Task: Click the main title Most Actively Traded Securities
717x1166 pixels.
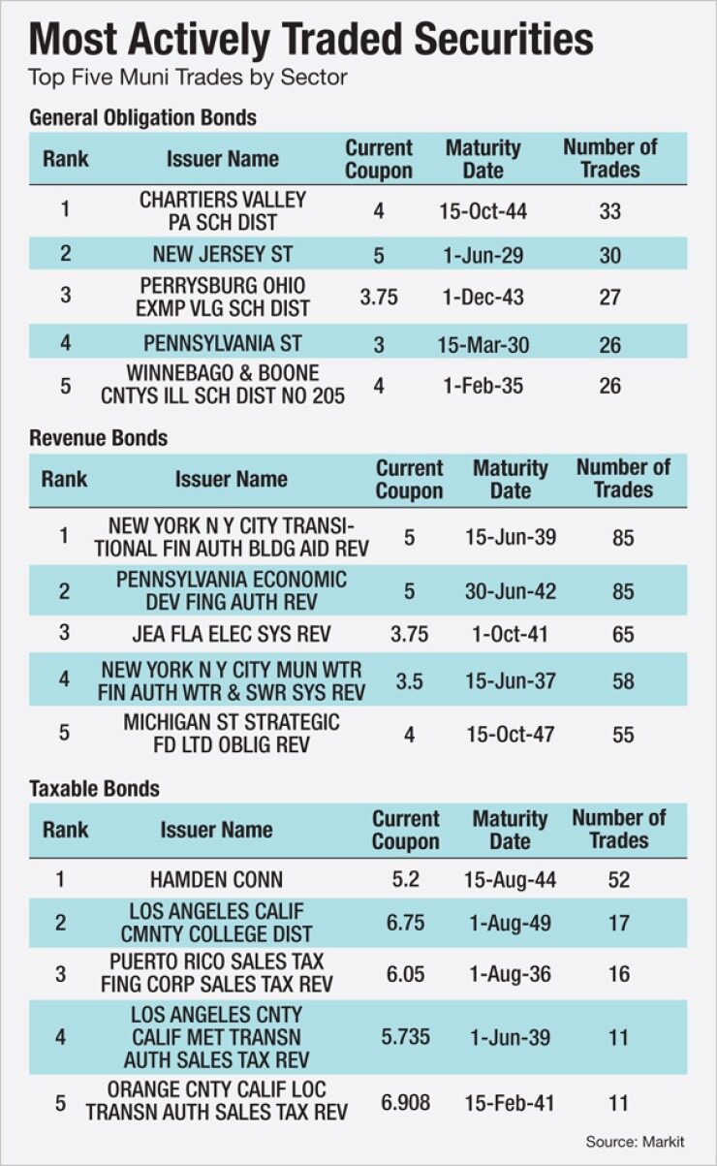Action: pyautogui.click(x=311, y=39)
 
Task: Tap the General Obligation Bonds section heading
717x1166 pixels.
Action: pyautogui.click(x=143, y=118)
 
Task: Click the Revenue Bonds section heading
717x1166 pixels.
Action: pyautogui.click(x=99, y=438)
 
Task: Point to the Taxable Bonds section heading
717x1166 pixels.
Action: pyautogui.click(x=95, y=788)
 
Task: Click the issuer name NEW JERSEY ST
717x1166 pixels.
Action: pyautogui.click(x=222, y=255)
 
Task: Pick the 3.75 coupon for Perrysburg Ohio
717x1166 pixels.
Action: pyautogui.click(x=379, y=297)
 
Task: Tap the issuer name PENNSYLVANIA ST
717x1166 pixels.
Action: pyautogui.click(x=222, y=342)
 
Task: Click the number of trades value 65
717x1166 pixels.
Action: pyautogui.click(x=623, y=635)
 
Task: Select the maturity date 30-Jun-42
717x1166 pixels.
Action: pyautogui.click(x=510, y=590)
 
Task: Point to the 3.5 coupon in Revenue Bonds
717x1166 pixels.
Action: pyautogui.click(x=409, y=681)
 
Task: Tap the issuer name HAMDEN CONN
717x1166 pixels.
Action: pyautogui.click(x=216, y=879)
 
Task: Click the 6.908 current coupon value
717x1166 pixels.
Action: pyautogui.click(x=406, y=1102)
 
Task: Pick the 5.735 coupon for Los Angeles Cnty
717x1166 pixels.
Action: pyautogui.click(x=406, y=1036)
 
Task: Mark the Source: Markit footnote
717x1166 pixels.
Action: pyautogui.click(x=635, y=1142)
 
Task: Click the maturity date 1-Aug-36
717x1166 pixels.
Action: pyautogui.click(x=509, y=974)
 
